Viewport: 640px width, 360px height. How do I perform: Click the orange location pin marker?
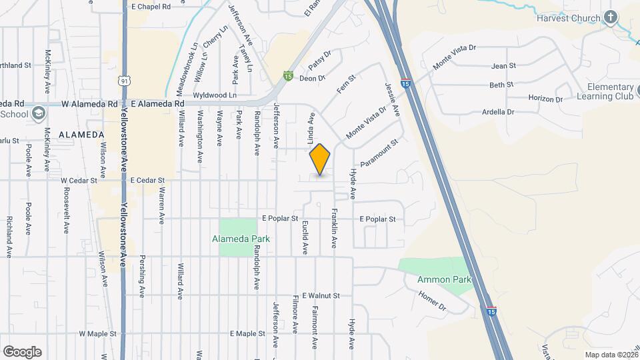pyautogui.click(x=320, y=159)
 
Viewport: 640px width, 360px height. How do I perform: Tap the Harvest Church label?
pyautogui.click(x=568, y=17)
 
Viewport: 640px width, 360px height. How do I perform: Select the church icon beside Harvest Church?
pyautogui.click(x=611, y=17)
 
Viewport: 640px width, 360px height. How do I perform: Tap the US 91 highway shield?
pyautogui.click(x=124, y=81)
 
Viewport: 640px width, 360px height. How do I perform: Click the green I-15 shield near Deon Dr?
pyautogui.click(x=288, y=76)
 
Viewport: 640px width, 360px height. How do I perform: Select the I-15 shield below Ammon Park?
pyautogui.click(x=491, y=311)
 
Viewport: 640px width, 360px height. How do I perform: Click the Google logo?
pyautogui.click(x=22, y=352)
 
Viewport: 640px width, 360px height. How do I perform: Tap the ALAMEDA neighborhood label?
pyautogui.click(x=81, y=135)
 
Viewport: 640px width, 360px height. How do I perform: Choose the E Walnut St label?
pyautogui.click(x=321, y=295)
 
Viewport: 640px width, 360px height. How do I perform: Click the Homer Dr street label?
pyautogui.click(x=432, y=301)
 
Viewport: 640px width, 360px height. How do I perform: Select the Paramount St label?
pyautogui.click(x=379, y=153)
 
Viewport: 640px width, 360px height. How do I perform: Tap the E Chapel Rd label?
pyautogui.click(x=151, y=6)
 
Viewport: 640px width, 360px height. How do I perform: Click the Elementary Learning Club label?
pyautogui.click(x=610, y=91)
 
